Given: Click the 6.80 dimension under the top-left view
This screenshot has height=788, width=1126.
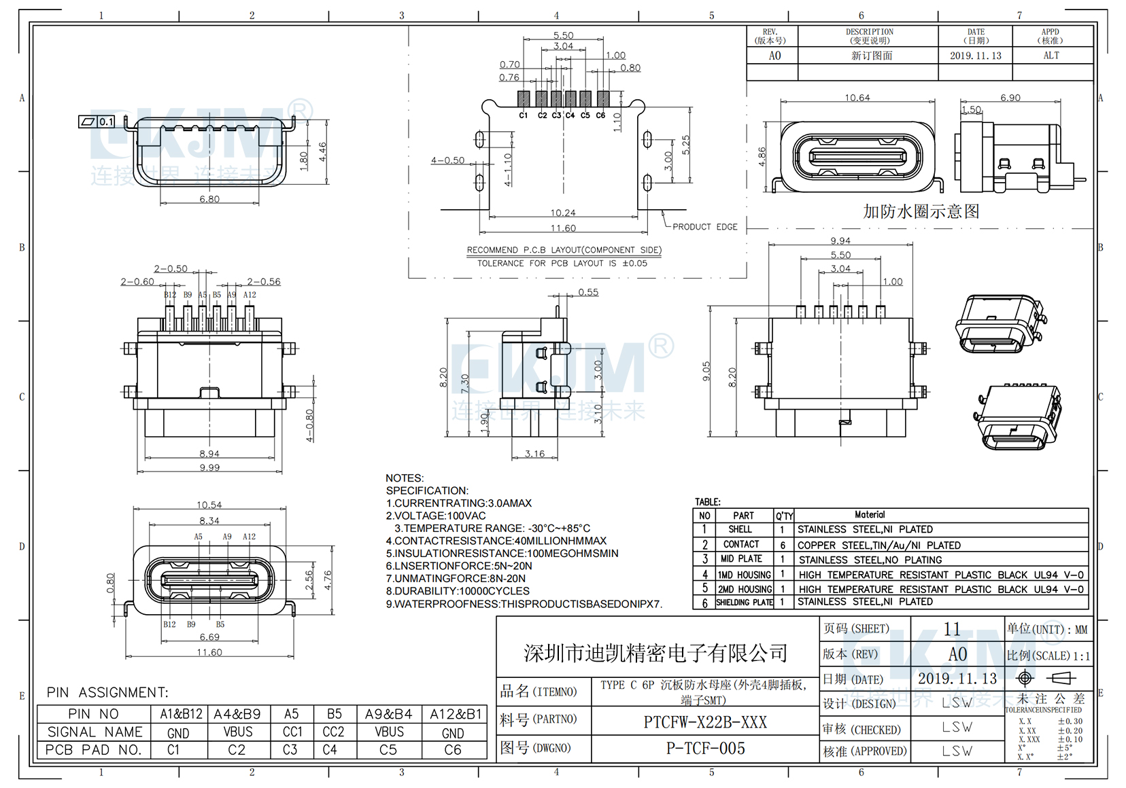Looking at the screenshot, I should [209, 199].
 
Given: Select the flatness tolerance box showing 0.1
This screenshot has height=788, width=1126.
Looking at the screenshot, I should [97, 122].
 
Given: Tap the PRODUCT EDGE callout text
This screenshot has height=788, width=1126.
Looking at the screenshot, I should [704, 227].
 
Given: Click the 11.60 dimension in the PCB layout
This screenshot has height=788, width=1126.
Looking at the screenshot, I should [563, 228].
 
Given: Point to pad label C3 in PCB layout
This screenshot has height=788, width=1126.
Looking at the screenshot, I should [556, 115].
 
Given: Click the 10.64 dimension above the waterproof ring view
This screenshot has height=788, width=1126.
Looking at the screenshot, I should [857, 98].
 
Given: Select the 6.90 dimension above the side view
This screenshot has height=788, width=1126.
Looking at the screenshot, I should [1010, 98].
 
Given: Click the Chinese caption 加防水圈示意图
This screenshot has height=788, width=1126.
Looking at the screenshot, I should [921, 211].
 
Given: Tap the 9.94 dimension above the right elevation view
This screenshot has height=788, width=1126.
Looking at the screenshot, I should [840, 241].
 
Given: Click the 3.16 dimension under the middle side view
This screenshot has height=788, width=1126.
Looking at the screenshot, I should [534, 454].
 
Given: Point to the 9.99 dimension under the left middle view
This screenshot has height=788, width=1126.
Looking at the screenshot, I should [209, 467].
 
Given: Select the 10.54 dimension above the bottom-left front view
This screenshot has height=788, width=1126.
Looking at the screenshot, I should [209, 505].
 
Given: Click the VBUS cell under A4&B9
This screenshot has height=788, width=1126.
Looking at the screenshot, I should [237, 732].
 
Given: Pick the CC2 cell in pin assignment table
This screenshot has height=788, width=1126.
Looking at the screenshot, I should [333, 732].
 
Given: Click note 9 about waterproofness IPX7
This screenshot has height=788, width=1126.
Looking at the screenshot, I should [524, 604].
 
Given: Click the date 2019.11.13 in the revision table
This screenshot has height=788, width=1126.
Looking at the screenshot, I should [975, 56].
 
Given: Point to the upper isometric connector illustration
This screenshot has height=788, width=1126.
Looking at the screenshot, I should [1000, 323].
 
